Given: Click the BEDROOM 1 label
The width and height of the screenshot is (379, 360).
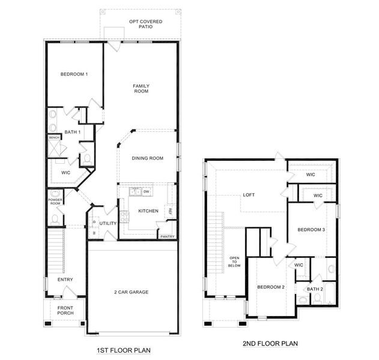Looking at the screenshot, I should (x=74, y=74).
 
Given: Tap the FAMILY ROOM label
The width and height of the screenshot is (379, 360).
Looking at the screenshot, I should (x=141, y=89).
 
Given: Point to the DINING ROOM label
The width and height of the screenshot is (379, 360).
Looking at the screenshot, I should (x=148, y=158).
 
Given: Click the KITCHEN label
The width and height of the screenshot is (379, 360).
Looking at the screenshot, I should (x=148, y=211).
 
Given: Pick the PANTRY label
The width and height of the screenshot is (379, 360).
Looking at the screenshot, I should (x=167, y=236).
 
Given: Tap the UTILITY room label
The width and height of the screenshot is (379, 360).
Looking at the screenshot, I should (x=108, y=223).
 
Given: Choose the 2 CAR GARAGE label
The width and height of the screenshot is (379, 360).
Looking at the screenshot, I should (x=132, y=292).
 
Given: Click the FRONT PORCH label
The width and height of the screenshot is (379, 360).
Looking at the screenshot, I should (x=65, y=311).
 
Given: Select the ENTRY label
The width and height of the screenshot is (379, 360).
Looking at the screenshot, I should (x=65, y=280).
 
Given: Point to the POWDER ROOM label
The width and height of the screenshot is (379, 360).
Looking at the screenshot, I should (x=55, y=202).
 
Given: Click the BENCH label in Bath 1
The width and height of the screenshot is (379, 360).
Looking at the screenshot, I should (x=54, y=137).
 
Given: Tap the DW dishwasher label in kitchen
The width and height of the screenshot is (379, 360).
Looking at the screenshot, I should (x=146, y=191).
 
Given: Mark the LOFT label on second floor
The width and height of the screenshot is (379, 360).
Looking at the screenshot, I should (x=249, y=195).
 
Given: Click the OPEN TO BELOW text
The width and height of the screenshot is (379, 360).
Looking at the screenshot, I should (x=234, y=263).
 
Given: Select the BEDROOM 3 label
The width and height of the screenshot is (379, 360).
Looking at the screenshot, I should (x=311, y=230).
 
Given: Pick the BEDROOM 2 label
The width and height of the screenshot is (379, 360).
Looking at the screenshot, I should (x=271, y=287).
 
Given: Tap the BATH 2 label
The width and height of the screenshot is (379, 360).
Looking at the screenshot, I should (x=315, y=289).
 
